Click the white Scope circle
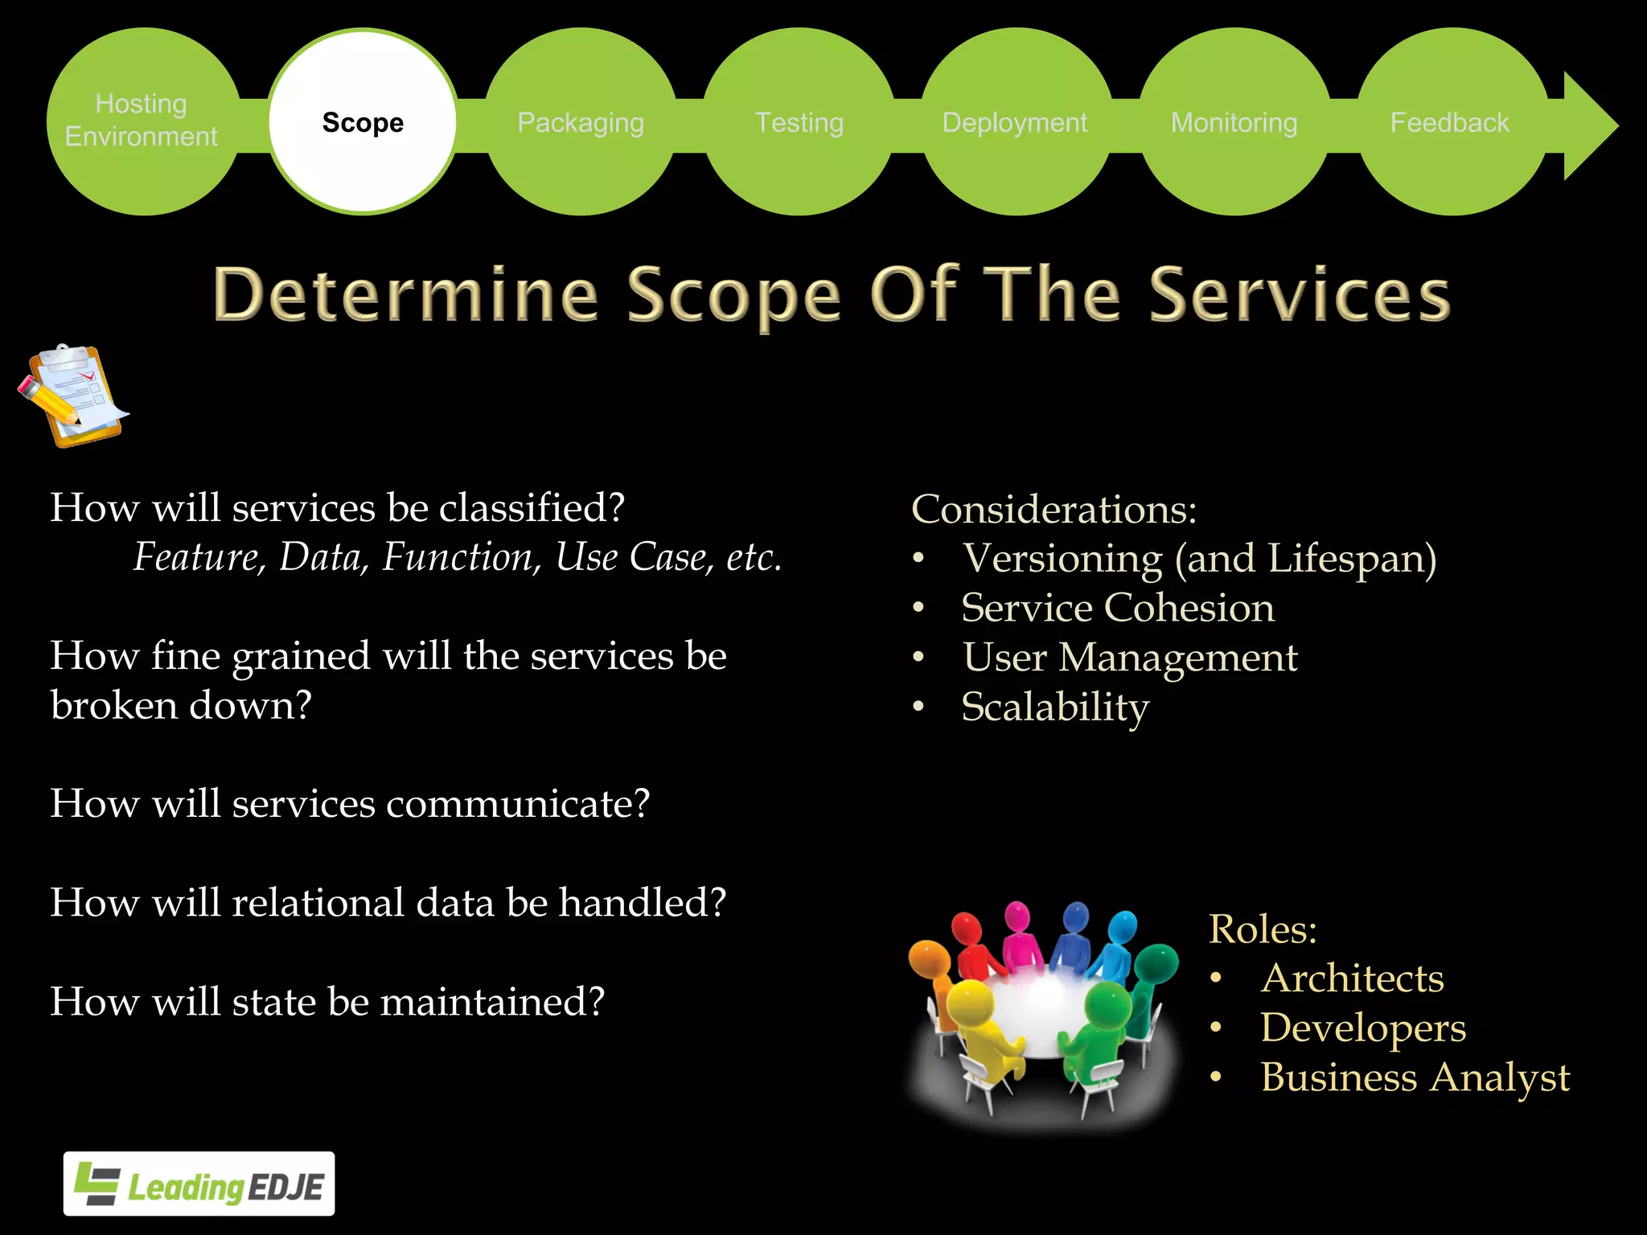click(x=363, y=122)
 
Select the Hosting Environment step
click(x=142, y=121)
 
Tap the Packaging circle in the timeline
click(x=581, y=122)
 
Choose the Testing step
click(x=799, y=122)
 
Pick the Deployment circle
click(x=1015, y=122)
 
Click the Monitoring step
click(x=1234, y=122)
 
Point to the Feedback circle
click(x=1450, y=122)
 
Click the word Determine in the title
click(x=406, y=295)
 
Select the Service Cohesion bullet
click(x=1118, y=608)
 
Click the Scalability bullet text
click(x=1055, y=708)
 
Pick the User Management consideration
click(x=1130, y=658)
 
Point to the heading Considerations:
click(x=1054, y=510)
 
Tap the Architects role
click(x=1353, y=979)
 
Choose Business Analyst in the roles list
click(x=1415, y=1077)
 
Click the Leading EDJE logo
click(x=199, y=1184)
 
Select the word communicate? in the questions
click(x=518, y=804)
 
